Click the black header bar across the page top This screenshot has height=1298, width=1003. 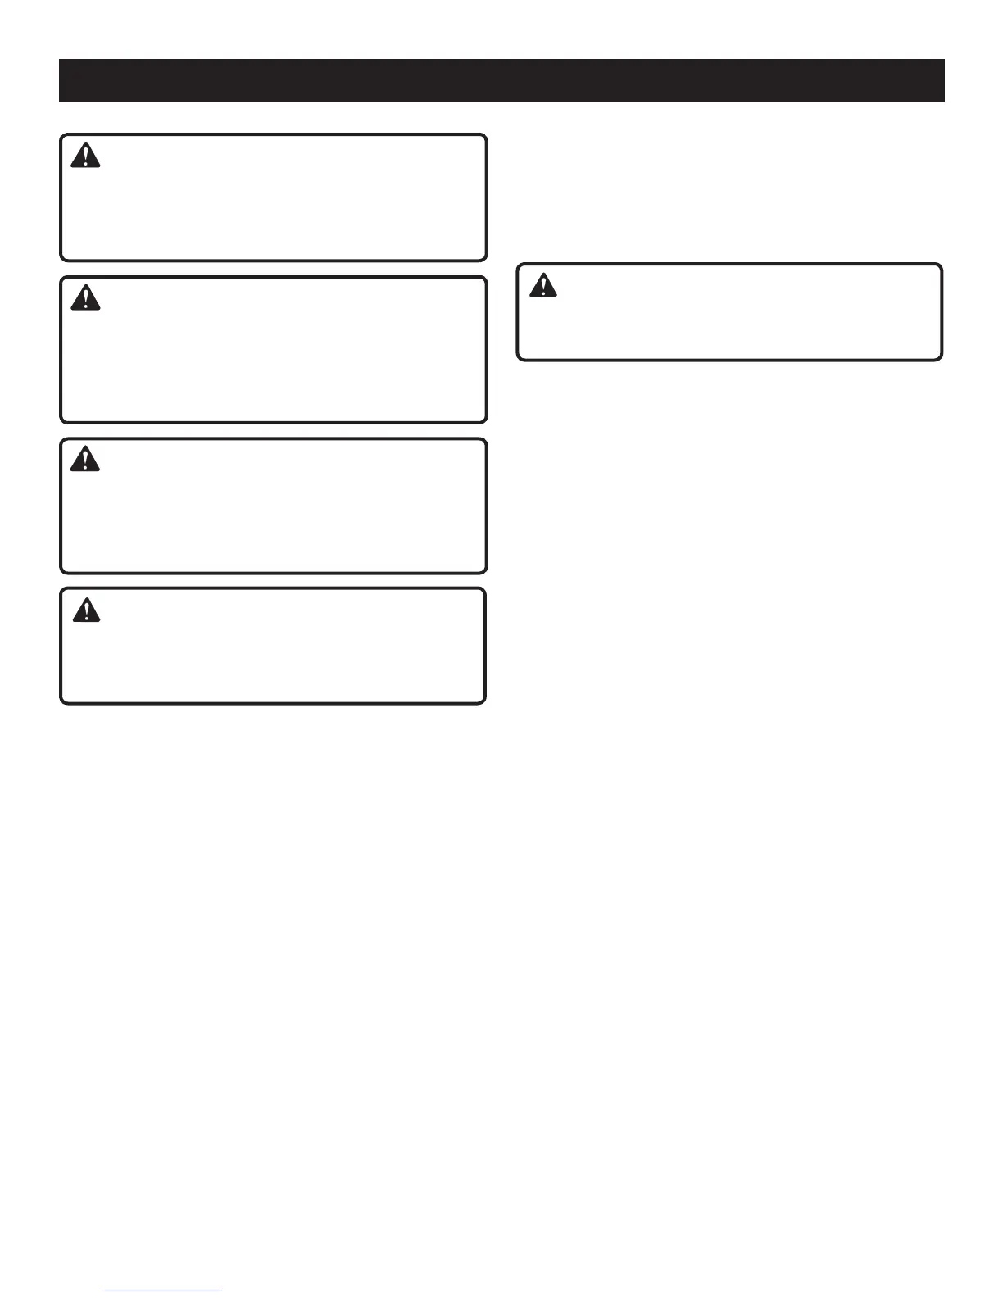click(x=501, y=80)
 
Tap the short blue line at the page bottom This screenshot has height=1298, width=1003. click(x=163, y=1291)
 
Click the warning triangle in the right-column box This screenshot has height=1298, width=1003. click(x=542, y=284)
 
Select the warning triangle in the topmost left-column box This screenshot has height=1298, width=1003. click(x=85, y=155)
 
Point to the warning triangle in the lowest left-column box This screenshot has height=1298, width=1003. click(x=85, y=609)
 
